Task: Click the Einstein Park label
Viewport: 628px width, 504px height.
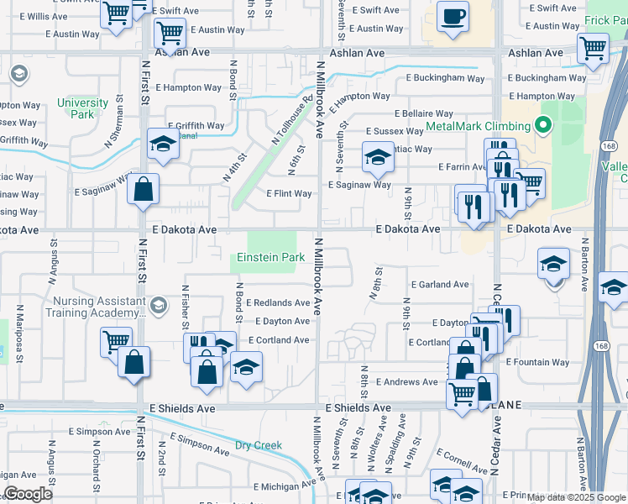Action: (x=270, y=258)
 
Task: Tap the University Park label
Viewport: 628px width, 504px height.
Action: (x=83, y=108)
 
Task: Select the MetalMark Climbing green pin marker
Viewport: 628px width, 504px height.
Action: (x=542, y=127)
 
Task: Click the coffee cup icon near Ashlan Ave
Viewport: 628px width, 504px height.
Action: (x=453, y=17)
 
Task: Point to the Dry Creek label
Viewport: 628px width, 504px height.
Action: (x=257, y=446)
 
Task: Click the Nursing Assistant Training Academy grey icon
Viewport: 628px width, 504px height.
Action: (x=158, y=305)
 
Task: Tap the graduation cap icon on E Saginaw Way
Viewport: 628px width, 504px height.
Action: (x=378, y=156)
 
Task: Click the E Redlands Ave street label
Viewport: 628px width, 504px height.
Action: (x=278, y=302)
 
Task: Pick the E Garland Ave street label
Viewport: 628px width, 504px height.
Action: (x=439, y=285)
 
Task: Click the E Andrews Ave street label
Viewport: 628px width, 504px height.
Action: (x=407, y=382)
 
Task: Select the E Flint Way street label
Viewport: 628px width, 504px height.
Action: (x=289, y=194)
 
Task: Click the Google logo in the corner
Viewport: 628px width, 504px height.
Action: (x=28, y=494)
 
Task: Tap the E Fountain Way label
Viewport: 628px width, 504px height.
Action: (x=537, y=363)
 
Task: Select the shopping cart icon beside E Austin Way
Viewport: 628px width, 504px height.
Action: (x=170, y=34)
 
